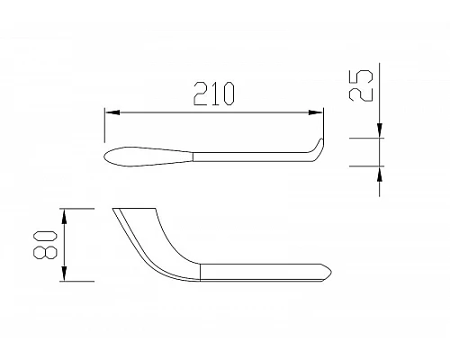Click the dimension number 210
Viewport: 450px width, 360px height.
[213, 93]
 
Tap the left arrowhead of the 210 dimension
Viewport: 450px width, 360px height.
[112, 112]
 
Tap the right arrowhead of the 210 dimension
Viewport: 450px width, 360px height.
[317, 112]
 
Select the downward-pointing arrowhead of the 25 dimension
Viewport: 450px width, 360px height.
[378, 133]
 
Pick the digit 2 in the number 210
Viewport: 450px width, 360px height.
[199, 93]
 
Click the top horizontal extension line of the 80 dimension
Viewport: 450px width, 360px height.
[79, 208]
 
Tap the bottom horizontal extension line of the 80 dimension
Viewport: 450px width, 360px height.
[79, 282]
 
